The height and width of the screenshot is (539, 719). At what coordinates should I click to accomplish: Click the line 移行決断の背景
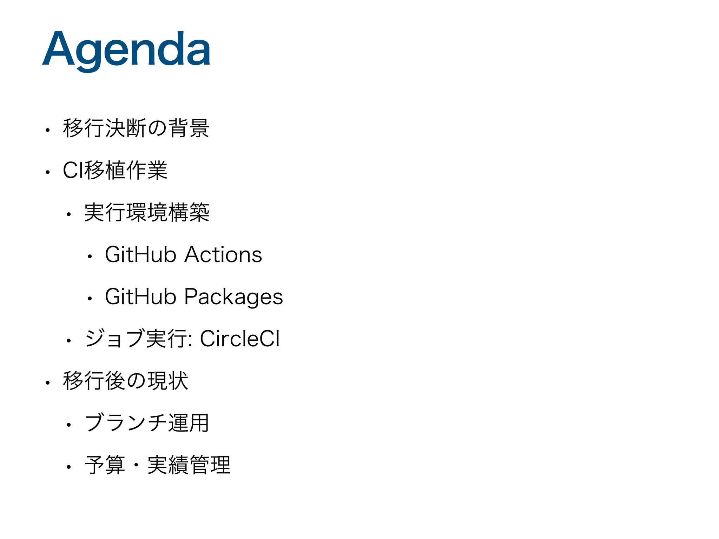[136, 128]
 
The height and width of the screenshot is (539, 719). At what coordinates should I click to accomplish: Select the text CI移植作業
[115, 171]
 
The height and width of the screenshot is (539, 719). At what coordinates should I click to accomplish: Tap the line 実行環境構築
[147, 213]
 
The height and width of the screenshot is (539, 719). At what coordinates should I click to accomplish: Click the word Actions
[223, 255]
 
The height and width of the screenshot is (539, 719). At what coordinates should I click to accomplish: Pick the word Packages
[233, 297]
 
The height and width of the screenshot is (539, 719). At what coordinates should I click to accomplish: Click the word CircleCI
[240, 339]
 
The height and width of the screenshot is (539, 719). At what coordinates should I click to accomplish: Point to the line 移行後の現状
[125, 381]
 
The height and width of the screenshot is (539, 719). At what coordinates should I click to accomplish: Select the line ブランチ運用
[147, 423]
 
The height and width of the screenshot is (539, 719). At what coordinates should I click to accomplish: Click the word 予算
[105, 465]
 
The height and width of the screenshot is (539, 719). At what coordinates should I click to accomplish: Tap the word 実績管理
[189, 465]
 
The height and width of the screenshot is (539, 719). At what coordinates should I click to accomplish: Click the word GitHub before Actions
[140, 255]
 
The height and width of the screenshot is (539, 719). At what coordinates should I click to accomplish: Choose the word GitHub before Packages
[140, 297]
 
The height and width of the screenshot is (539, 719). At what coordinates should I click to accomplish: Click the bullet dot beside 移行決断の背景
[48, 131]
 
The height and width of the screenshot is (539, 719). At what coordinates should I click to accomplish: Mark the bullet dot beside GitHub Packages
[90, 299]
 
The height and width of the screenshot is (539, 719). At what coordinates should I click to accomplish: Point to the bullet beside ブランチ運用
[69, 425]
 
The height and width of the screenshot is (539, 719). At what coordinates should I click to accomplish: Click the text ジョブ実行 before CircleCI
[137, 339]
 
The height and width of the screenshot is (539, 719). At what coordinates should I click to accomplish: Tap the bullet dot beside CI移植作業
[48, 173]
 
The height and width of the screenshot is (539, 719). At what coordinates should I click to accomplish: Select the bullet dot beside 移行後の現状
[48, 383]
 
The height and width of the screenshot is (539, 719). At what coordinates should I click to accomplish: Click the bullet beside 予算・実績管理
[69, 467]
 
